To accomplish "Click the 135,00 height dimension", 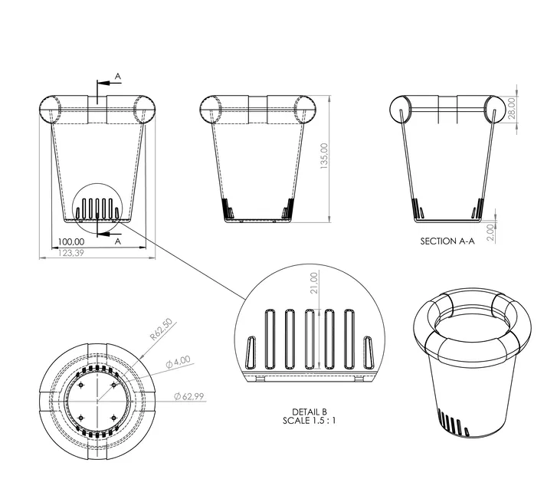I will (324, 158).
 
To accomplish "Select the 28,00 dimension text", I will (513, 107).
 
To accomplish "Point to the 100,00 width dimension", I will (71, 241).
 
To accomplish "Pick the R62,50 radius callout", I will (162, 330).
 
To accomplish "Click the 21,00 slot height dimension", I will (313, 282).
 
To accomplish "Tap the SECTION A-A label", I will (447, 241).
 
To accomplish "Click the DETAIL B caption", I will (309, 412).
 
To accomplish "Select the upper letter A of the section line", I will (117, 76).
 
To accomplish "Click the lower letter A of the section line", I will (117, 240).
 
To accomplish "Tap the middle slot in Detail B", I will (310, 338).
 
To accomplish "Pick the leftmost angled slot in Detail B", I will (251, 353).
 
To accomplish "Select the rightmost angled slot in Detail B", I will (369, 353).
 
